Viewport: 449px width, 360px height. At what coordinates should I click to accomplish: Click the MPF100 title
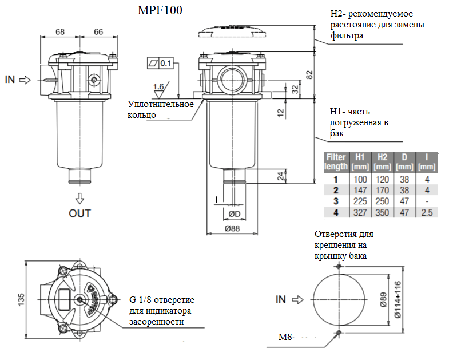160,10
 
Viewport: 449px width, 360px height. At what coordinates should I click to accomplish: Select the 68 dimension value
60,32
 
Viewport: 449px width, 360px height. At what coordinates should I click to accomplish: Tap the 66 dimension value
98,32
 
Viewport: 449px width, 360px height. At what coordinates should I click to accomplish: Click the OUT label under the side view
80,213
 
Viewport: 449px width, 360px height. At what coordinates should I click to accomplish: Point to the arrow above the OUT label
80,199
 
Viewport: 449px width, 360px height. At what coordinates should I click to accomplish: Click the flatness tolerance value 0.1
165,63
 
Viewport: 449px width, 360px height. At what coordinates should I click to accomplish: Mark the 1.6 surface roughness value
158,86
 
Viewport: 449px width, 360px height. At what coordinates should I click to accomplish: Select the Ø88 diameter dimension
232,228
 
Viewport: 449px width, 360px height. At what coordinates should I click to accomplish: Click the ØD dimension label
235,214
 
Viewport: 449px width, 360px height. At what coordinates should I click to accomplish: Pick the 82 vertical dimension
309,75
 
